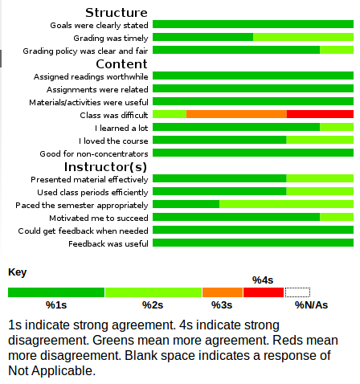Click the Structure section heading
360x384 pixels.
[x=117, y=13]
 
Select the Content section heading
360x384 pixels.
[x=121, y=64]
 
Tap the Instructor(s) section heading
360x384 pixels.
[x=105, y=167]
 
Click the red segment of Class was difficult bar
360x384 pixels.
[x=320, y=114]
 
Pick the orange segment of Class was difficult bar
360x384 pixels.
[x=236, y=114]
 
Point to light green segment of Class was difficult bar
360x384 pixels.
[x=170, y=114]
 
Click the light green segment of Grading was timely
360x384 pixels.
[x=303, y=37]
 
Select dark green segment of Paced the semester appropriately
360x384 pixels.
[x=186, y=204]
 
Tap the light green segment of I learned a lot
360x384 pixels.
[x=337, y=127]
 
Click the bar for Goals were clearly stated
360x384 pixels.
[x=253, y=24]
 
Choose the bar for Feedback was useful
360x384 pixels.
[x=253, y=243]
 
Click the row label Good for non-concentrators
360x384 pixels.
[x=94, y=154]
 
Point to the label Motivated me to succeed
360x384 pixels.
[x=99, y=219]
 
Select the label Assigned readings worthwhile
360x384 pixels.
[x=91, y=77]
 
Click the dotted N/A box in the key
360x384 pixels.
[x=297, y=292]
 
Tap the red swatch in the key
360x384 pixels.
[x=264, y=292]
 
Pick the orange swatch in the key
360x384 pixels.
[x=223, y=292]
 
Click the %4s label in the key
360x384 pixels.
[x=263, y=280]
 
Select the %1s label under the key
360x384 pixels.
[x=56, y=305]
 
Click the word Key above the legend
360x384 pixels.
[x=18, y=272]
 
